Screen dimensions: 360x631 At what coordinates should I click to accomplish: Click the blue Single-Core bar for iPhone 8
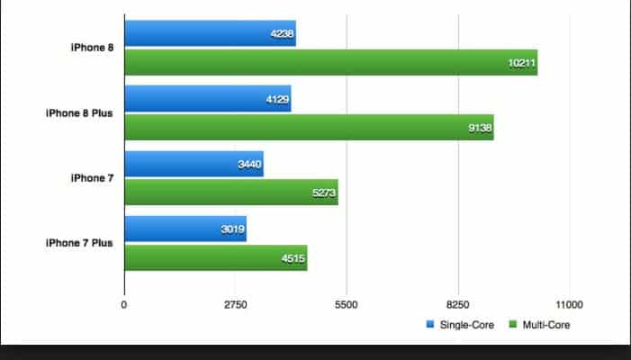[210, 33]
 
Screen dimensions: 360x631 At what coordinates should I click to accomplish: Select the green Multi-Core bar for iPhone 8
[330, 62]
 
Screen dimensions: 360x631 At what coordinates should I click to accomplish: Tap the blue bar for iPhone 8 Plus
[207, 99]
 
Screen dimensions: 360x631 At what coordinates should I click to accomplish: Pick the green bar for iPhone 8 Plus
[309, 127]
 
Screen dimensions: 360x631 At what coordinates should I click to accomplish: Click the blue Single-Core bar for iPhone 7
[194, 164]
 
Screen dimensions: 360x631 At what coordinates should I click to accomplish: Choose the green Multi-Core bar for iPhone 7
[230, 192]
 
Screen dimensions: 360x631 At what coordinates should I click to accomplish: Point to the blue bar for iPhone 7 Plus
[185, 229]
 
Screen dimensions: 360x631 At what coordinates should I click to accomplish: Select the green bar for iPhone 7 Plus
[215, 257]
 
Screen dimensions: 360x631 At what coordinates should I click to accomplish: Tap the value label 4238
[281, 34]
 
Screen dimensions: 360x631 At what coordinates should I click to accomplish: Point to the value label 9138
[479, 128]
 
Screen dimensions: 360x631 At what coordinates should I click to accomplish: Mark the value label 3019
[231, 229]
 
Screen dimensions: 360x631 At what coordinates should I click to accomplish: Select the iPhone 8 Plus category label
[79, 113]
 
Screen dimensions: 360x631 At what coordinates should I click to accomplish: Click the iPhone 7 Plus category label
[79, 243]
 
